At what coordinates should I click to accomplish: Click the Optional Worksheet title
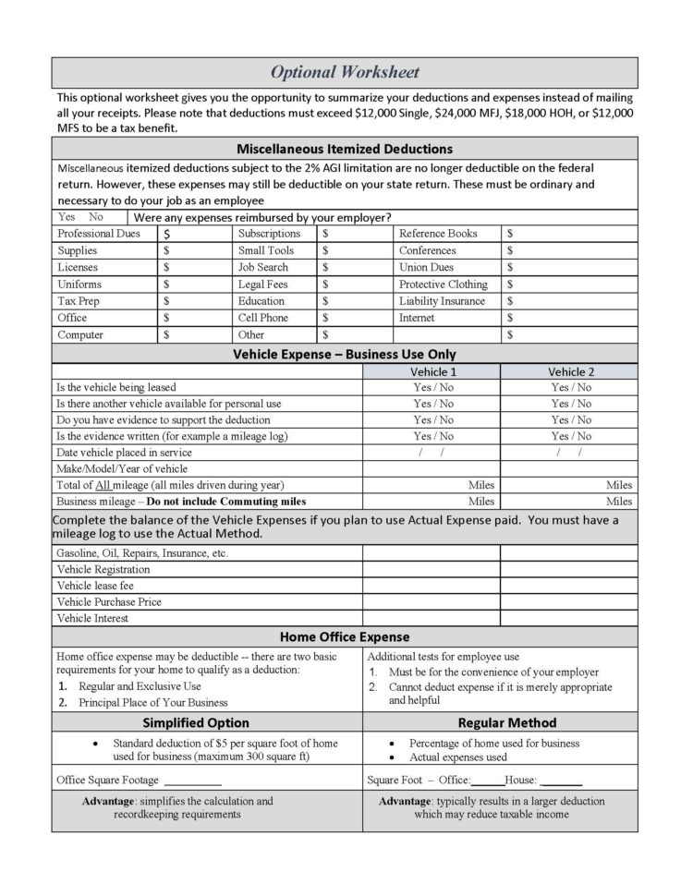(345, 72)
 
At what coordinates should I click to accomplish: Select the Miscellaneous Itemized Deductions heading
(345, 148)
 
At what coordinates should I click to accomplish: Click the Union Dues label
(426, 268)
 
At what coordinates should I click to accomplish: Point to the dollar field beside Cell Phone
(355, 319)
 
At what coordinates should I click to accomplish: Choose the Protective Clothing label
(443, 285)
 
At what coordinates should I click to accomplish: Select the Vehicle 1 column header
(432, 371)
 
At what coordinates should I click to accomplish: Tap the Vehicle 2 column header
(571, 371)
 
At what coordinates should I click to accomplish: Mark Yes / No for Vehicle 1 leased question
(432, 388)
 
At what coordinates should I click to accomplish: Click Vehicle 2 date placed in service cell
(569, 453)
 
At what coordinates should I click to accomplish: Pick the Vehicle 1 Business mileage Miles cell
(431, 502)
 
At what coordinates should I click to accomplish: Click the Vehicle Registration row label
(103, 570)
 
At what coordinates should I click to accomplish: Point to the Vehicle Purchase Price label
(109, 602)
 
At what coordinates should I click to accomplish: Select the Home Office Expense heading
(345, 637)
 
